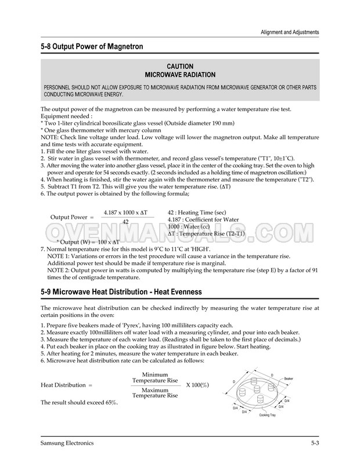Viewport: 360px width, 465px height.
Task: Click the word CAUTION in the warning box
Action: point(179,67)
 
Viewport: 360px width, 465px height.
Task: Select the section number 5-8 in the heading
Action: point(48,46)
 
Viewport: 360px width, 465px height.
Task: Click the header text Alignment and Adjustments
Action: point(289,32)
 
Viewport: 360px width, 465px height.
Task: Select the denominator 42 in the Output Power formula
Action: point(125,223)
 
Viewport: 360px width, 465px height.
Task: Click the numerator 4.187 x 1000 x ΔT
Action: point(125,213)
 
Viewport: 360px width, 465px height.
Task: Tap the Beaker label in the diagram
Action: point(289,378)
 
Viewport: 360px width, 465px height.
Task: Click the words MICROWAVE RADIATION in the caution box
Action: point(179,75)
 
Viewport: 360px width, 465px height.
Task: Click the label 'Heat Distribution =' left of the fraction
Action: point(67,385)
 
